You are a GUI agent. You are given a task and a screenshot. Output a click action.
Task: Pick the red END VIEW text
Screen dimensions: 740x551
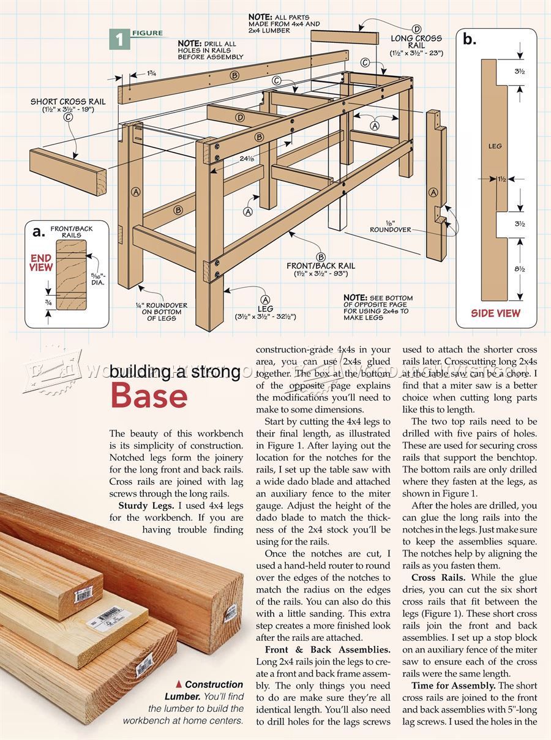42,263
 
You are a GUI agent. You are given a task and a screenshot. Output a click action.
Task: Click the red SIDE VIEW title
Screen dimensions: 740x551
495,313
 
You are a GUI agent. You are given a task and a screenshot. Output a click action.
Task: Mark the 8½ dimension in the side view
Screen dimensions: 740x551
519,269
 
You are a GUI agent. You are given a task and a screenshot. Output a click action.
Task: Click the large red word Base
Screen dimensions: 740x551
149,396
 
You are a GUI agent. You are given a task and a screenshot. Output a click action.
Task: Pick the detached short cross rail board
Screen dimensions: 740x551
67,171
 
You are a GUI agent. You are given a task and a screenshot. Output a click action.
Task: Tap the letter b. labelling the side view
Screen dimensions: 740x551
470,40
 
